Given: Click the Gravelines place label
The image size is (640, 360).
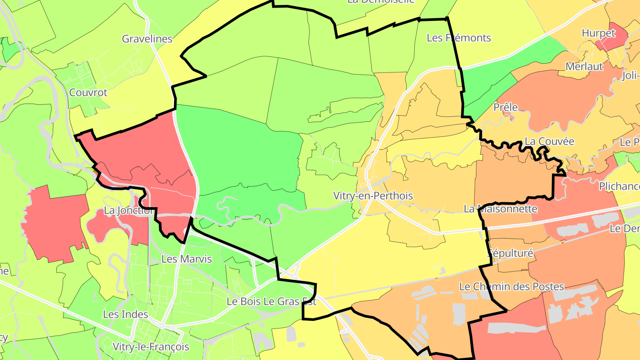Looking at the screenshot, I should (x=147, y=39).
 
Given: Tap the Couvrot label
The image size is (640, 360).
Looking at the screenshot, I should (x=88, y=92).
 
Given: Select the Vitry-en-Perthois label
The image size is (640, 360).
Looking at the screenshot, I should (x=373, y=196).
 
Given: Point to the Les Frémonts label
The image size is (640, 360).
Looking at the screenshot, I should (x=459, y=38).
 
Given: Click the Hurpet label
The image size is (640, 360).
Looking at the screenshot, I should (x=598, y=33).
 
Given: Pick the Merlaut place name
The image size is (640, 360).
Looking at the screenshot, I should (x=584, y=66).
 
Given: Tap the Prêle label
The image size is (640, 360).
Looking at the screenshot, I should (x=506, y=107).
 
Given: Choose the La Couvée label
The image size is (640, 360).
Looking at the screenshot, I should (x=549, y=141).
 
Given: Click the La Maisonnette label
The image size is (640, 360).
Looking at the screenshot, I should (x=500, y=208).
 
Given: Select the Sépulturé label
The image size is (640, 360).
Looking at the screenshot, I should (x=510, y=253).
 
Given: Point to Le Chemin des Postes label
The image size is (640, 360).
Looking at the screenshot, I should (x=511, y=287).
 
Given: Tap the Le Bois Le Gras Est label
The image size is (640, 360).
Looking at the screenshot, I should (x=272, y=301).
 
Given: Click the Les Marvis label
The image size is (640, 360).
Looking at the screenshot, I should (x=187, y=259).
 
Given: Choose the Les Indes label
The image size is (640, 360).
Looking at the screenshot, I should (x=125, y=314).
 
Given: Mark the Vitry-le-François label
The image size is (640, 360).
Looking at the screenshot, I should (x=151, y=347).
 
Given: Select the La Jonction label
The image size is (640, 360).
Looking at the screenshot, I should (x=128, y=210).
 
